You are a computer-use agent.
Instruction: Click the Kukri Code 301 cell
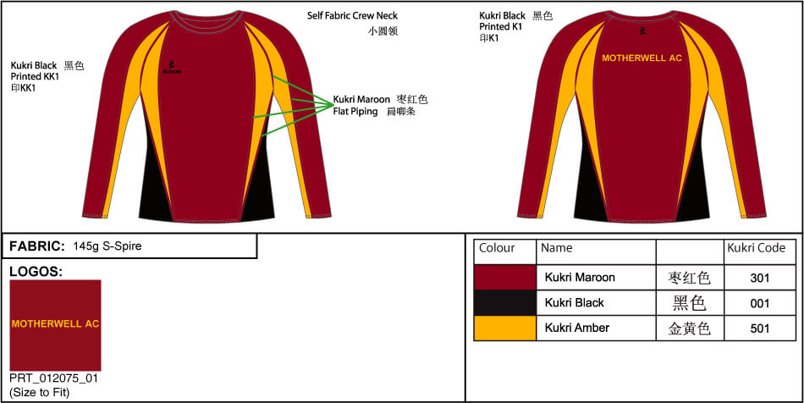(760, 278)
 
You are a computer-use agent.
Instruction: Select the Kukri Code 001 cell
(760, 303)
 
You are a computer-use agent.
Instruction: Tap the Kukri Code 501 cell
(760, 328)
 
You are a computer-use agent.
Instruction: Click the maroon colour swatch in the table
(505, 278)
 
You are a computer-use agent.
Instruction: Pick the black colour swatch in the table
(505, 303)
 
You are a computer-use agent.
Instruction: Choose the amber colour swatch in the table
(505, 328)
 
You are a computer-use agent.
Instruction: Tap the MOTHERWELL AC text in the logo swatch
(55, 324)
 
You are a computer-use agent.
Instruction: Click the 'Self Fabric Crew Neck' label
(352, 16)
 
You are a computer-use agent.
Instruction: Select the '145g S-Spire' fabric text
(107, 246)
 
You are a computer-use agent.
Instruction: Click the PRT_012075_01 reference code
(54, 378)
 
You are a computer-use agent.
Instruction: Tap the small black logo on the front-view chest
(173, 65)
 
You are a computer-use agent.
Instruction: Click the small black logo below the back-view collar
(642, 31)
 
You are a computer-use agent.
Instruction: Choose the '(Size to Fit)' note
(40, 392)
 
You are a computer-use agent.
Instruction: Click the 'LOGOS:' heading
(36, 271)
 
